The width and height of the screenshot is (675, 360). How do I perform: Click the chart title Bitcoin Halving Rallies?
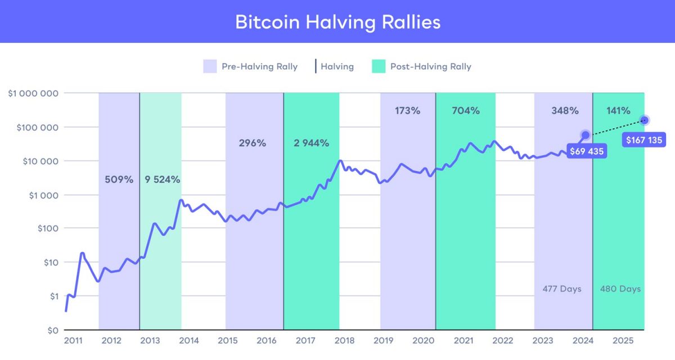pos(337,21)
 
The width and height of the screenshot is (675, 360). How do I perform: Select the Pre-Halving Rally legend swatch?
pos(210,66)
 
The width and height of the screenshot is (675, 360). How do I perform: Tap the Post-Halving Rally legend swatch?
pos(379,66)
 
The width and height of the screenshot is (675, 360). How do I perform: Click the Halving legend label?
pos(337,66)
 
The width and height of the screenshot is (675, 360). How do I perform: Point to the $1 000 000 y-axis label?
pos(33,93)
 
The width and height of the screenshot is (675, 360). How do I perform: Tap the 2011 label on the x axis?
pos(73,341)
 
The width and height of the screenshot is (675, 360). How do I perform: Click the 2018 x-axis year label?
pos(344,341)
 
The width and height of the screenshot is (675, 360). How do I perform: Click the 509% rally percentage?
pos(119,180)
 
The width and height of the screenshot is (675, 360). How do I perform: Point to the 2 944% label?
pos(311,143)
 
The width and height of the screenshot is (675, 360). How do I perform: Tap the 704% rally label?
pos(466,111)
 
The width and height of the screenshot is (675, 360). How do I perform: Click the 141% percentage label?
pos(618,111)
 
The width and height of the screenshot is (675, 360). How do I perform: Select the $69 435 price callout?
pos(587,151)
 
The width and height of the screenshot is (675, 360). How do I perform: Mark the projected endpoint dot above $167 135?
pos(645,120)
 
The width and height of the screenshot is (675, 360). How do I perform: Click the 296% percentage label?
pos(252,143)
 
